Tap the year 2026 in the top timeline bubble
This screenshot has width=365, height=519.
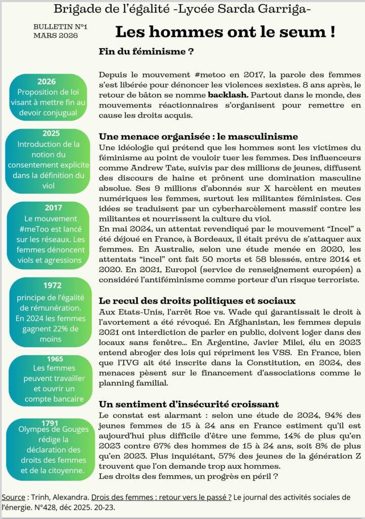[47, 82]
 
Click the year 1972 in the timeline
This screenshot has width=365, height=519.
[52, 285]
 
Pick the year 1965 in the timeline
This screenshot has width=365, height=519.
[55, 359]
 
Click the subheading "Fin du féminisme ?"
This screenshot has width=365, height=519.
[147, 52]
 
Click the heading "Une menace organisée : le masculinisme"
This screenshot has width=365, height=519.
[198, 137]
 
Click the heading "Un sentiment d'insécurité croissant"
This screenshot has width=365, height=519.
[189, 404]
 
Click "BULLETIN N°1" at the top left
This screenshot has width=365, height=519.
[60, 26]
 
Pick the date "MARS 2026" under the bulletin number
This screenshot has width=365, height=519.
[55, 35]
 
